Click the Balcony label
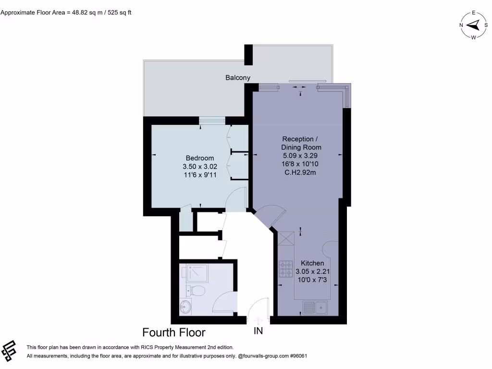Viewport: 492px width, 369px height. coord(238,77)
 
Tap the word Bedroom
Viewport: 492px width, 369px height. coord(200,158)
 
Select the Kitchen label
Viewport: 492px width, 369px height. coord(312,263)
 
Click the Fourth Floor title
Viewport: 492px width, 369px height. coord(174,332)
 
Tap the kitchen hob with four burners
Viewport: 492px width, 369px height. coord(286,269)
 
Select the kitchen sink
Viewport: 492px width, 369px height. coord(315,307)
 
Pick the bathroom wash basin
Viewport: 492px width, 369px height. coord(185,307)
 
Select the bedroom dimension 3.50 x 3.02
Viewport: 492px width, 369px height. coord(200,167)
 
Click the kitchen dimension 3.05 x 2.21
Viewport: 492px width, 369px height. coord(312,271)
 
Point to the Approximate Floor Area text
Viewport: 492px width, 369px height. coord(66,12)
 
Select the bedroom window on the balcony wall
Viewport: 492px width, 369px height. coord(211,121)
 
